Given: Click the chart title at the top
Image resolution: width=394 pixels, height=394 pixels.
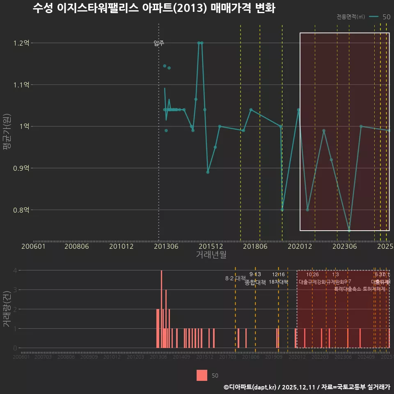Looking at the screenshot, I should tap(153, 9).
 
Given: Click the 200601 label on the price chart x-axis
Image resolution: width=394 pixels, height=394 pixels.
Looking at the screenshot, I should tap(33, 246).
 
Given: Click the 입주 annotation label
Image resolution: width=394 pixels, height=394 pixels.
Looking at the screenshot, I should tap(159, 43).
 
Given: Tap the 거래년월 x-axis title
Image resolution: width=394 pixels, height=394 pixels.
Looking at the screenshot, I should tap(211, 255).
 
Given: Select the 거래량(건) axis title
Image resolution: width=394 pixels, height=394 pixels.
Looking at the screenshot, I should tap(7, 309).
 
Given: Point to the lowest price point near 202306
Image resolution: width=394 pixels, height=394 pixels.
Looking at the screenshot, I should tap(349, 230).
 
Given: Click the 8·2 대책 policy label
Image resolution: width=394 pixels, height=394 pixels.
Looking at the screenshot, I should tap(235, 278).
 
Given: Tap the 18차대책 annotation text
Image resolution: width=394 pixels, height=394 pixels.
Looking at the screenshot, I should tap(279, 282).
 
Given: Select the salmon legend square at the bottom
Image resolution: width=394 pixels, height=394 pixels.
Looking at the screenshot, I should tap(202, 375).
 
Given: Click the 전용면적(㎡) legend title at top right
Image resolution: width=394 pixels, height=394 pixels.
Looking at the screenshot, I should tap(350, 17).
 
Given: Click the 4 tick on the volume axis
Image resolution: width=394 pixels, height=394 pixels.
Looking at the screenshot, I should tap(15, 270).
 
